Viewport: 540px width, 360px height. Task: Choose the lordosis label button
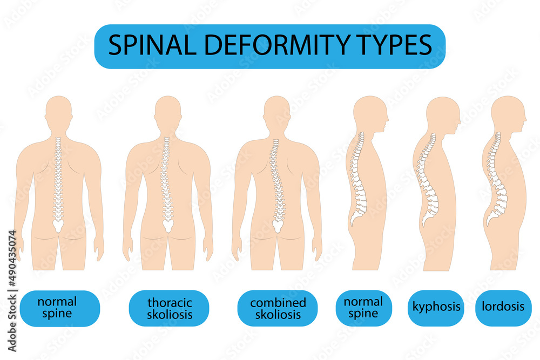click(503, 308)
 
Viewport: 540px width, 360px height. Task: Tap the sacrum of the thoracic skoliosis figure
click(167, 225)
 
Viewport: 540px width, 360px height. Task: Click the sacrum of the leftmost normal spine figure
click(59, 225)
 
